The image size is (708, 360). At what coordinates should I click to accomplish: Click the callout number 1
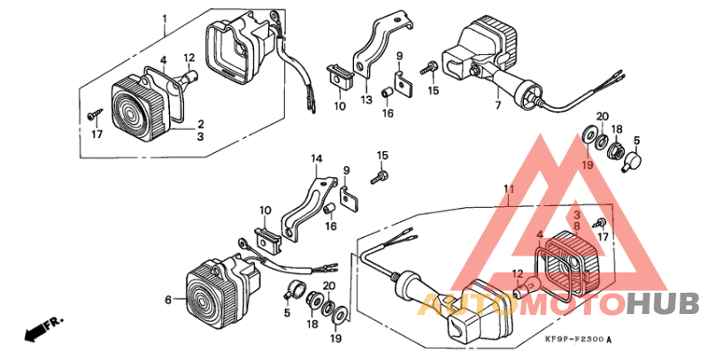tap(165, 19)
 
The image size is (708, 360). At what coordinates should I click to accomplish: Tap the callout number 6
tap(168, 300)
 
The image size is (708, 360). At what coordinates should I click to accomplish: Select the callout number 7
tap(498, 106)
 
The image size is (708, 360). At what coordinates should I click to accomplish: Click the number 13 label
tap(366, 100)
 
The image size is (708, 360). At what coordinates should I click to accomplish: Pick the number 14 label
tap(317, 158)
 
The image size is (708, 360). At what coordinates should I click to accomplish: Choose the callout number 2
tap(201, 125)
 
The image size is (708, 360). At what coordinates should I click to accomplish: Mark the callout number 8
tap(578, 224)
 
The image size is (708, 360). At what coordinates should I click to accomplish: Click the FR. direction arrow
tap(43, 328)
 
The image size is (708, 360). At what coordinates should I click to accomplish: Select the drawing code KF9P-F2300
tap(580, 340)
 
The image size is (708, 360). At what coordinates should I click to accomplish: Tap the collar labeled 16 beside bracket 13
tap(387, 93)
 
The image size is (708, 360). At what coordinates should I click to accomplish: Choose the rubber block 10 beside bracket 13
tap(339, 79)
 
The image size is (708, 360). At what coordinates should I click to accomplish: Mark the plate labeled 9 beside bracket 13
tap(404, 85)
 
